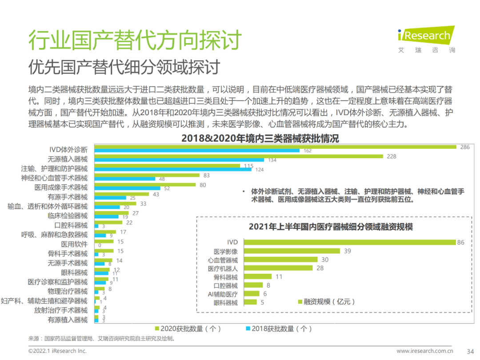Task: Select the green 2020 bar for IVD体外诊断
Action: pos(276,147)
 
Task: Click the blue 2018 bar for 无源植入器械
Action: pos(180,160)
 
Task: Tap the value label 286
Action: pos(465,147)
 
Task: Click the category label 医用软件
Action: pos(74,244)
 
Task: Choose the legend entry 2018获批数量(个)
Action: pos(279,328)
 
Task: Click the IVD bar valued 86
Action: pos(348,242)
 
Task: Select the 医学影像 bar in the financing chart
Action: pos(291,251)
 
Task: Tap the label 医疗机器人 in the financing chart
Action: pos(223,268)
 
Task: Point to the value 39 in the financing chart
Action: pos(347,251)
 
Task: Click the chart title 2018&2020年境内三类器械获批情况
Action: pos(260,139)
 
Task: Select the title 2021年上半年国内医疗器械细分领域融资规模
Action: pos(331,227)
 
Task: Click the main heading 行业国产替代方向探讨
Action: pos(135,40)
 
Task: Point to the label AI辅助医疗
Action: pos(223,294)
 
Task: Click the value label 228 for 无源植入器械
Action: pos(392,156)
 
